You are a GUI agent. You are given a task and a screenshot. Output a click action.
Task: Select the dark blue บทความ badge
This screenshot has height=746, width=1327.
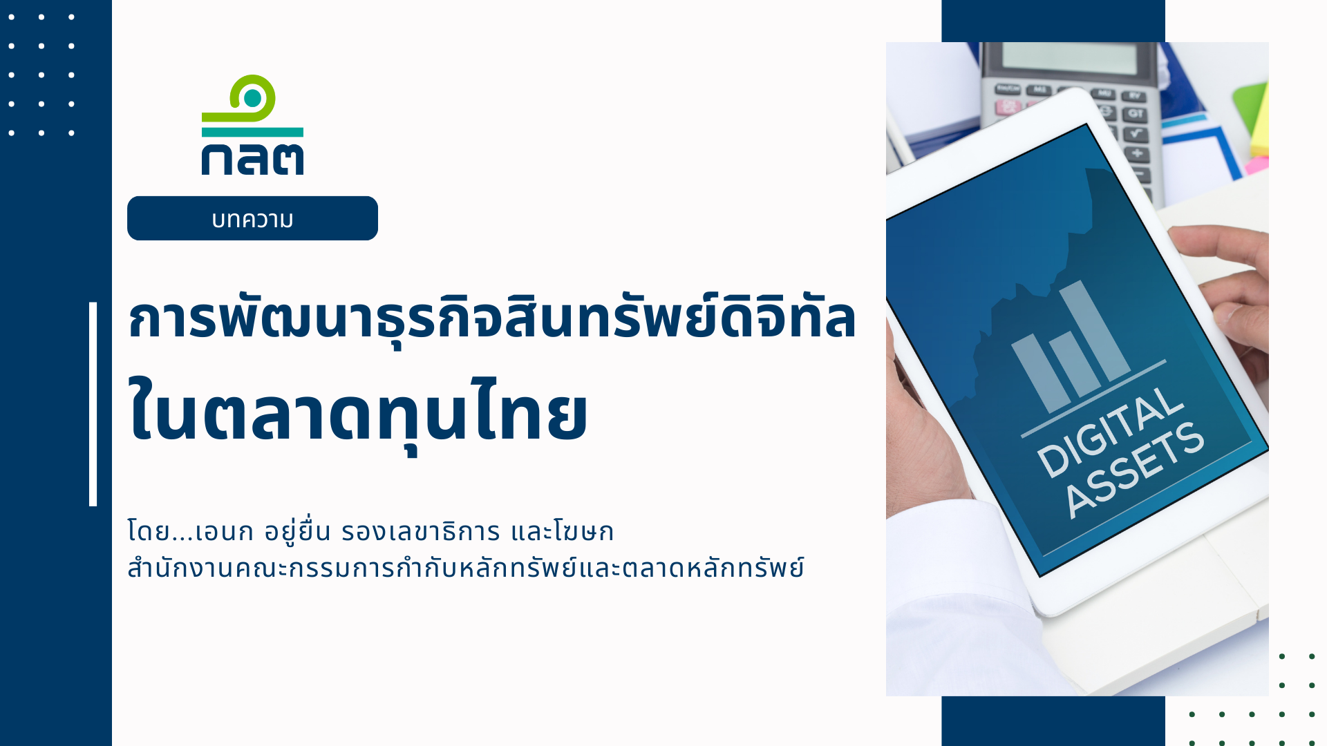coord(252,218)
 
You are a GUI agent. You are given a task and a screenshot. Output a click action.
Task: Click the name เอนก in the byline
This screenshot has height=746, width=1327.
coord(225,532)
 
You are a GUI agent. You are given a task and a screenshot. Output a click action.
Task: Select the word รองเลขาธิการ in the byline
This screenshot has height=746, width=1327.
coord(420,532)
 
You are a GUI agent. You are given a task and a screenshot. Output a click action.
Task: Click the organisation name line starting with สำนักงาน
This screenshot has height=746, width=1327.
coord(466,568)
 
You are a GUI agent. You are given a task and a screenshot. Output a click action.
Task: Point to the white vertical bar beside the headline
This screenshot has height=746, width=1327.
coord(93,404)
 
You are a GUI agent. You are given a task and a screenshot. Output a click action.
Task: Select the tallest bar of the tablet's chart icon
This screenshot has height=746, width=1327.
coord(1094,330)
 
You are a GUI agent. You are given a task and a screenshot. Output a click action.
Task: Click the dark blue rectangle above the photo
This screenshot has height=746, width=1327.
coord(1053,21)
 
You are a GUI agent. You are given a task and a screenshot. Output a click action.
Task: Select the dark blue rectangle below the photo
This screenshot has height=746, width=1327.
coord(1053,721)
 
